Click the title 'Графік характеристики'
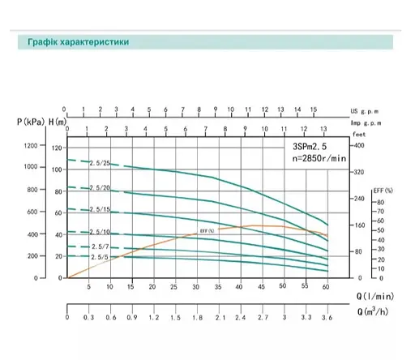[x=72, y=41]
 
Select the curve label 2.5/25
[x=101, y=164]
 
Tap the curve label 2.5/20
[x=101, y=188]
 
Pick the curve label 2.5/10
[x=101, y=233]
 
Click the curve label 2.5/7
[x=99, y=246]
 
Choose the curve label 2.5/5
[x=99, y=257]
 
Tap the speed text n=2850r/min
[x=317, y=159]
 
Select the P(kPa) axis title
[x=30, y=121]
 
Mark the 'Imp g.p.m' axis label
[x=366, y=121]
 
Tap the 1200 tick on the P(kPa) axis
[x=31, y=146]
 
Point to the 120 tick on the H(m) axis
[x=56, y=148]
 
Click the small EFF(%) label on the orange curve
[x=207, y=231]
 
